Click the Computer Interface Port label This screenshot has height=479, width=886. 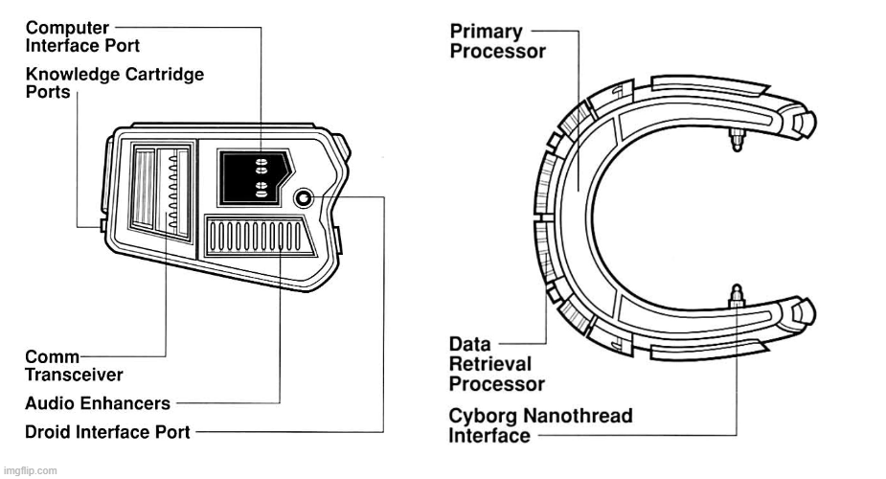[82, 36]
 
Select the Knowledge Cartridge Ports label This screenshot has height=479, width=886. [115, 83]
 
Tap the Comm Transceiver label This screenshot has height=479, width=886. [74, 365]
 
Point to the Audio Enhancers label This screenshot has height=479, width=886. [97, 403]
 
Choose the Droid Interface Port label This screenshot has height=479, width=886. [107, 432]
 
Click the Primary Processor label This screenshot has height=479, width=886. [497, 41]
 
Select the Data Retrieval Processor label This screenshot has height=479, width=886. [497, 364]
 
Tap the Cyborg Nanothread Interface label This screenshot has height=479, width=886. [540, 426]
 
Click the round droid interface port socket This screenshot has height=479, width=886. [304, 198]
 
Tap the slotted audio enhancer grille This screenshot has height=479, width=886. [259, 237]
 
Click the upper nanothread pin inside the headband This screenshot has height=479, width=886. [737, 139]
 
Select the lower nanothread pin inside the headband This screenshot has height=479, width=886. [737, 296]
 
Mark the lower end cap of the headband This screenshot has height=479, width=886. [805, 312]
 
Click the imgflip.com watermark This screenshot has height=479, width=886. [30, 470]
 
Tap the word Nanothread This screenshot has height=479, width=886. [578, 416]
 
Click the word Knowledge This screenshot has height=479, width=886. [73, 75]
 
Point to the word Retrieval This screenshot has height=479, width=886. [490, 364]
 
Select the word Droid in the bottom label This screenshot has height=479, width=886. [48, 432]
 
